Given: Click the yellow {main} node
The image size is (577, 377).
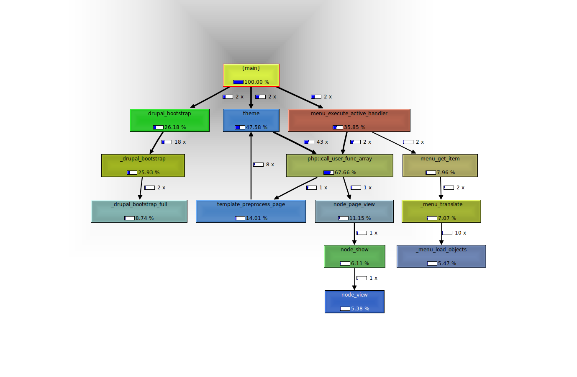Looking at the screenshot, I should pyautogui.click(x=251, y=75).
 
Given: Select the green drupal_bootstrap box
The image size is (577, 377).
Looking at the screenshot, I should pyautogui.click(x=169, y=120).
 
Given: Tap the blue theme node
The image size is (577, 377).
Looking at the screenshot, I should pyautogui.click(x=251, y=120).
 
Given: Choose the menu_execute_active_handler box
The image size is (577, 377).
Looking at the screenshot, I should pyautogui.click(x=349, y=120).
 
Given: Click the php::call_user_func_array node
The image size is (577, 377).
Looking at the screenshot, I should pyautogui.click(x=339, y=165).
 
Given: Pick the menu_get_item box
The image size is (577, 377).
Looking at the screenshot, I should pyautogui.click(x=440, y=165).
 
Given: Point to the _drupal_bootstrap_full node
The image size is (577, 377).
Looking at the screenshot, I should pyautogui.click(x=139, y=211).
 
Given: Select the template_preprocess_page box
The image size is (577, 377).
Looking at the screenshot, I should pyautogui.click(x=251, y=211).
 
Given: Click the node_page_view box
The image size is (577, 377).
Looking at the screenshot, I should pyautogui.click(x=354, y=211).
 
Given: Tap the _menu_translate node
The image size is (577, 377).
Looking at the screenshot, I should pyautogui.click(x=441, y=211).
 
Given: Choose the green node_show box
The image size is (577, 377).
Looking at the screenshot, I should pyautogui.click(x=354, y=256).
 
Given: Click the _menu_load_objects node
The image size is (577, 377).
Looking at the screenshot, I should pyautogui.click(x=441, y=256).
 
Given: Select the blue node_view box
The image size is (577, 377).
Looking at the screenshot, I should pyautogui.click(x=354, y=302).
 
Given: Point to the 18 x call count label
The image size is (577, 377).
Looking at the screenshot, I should pyautogui.click(x=180, y=142).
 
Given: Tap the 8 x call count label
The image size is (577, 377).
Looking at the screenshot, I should pyautogui.click(x=270, y=165).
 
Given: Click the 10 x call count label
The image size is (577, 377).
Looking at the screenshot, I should pyautogui.click(x=460, y=233).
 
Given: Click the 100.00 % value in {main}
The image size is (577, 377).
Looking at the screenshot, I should pyautogui.click(x=256, y=82).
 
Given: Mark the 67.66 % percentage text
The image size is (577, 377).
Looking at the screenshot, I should pyautogui.click(x=345, y=173).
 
